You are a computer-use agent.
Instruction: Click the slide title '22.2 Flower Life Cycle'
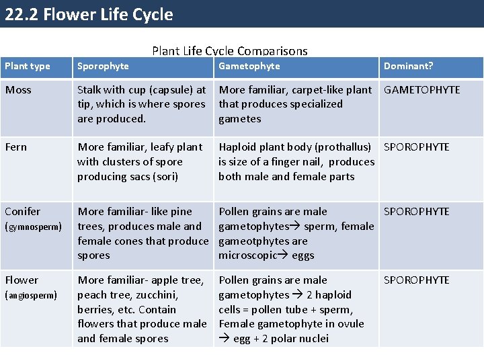tap(89, 14)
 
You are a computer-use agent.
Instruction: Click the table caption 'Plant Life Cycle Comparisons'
tap(230, 51)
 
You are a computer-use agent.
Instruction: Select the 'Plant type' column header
tap(28, 66)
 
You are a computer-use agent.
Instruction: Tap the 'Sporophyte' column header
tap(103, 66)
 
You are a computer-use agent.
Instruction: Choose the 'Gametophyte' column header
tap(249, 66)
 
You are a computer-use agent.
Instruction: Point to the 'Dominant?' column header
tap(408, 66)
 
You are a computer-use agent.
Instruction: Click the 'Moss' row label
tap(18, 90)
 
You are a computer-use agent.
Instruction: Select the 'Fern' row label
tap(16, 147)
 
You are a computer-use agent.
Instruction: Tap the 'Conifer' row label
tap(23, 212)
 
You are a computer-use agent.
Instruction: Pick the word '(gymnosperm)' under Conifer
tap(34, 227)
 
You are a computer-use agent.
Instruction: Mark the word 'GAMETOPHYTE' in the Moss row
tap(421, 90)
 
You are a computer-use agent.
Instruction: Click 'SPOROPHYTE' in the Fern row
tap(417, 147)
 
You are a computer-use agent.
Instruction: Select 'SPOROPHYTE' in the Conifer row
tap(417, 212)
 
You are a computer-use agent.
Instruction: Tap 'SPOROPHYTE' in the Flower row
tap(417, 280)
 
